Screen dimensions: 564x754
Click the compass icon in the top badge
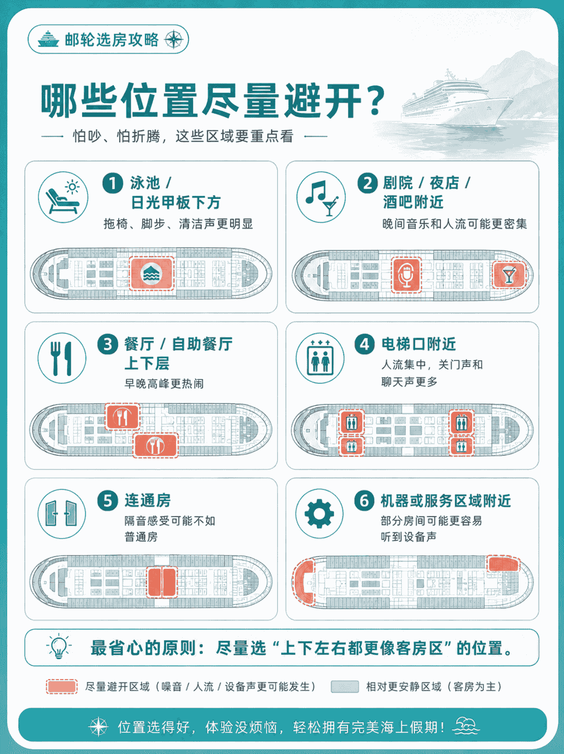click(174, 40)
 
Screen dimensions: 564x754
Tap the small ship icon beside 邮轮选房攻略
click(49, 39)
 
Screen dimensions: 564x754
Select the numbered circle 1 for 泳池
click(113, 183)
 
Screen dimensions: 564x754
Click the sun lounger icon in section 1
click(63, 198)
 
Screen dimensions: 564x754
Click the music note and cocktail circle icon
click(322, 198)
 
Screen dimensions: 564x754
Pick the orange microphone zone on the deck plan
click(406, 275)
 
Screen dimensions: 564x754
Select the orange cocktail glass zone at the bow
click(509, 275)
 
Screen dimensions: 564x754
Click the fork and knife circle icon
click(62, 358)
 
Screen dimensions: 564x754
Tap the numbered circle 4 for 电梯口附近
click(365, 344)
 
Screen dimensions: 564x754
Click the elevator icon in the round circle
click(320, 358)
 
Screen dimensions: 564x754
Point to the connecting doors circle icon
click(62, 514)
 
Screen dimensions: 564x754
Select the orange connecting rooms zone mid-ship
click(162, 582)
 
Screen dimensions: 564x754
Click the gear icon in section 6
click(319, 514)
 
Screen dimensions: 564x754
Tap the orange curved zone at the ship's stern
click(303, 582)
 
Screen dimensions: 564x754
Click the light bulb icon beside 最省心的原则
click(59, 646)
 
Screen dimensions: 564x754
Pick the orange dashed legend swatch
click(62, 687)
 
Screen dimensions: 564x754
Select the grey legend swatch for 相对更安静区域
click(345, 687)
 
